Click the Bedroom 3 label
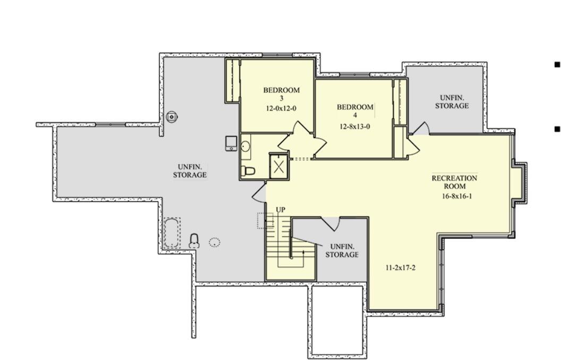(x=281, y=93)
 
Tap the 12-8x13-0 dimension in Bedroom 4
(x=354, y=126)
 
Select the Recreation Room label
(x=454, y=182)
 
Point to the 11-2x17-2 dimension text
(x=401, y=268)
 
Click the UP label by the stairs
(x=280, y=210)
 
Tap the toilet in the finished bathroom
(x=248, y=170)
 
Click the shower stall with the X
(x=279, y=166)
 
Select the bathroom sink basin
(x=245, y=146)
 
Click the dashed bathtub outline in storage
(x=172, y=233)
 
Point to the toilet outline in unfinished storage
(x=194, y=241)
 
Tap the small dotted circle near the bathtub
(x=214, y=242)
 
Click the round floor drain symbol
(x=172, y=116)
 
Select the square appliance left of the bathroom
(x=231, y=143)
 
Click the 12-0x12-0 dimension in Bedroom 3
(x=281, y=108)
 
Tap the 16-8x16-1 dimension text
(x=457, y=196)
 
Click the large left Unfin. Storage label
(x=190, y=171)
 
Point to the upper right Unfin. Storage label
(x=452, y=101)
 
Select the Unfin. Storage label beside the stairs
(x=342, y=251)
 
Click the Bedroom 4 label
(x=355, y=111)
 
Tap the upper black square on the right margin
(x=557, y=65)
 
